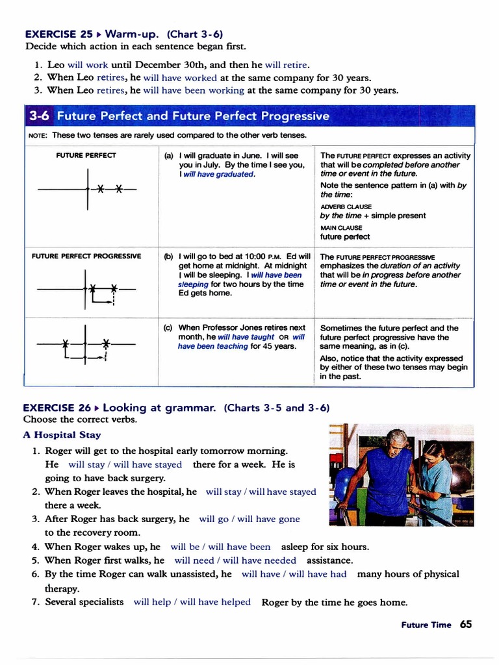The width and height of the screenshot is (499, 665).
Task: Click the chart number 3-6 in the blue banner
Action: point(40,116)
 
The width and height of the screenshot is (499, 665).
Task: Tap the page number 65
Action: point(466,624)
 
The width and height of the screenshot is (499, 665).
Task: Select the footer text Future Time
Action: point(426,625)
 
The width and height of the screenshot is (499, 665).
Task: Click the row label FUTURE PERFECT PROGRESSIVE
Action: point(86,256)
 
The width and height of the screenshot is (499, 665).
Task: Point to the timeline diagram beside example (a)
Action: point(87,189)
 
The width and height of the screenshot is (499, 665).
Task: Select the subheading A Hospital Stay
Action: point(62,435)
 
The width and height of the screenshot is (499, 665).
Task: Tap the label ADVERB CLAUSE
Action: point(346,207)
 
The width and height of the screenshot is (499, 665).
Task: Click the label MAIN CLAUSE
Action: point(341,228)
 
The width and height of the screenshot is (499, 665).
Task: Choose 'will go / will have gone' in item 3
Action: point(249,519)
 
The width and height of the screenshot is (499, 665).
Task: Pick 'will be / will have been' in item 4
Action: point(220,547)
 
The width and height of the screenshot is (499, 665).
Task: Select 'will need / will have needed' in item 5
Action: point(235,560)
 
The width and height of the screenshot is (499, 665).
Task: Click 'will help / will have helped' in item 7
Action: point(192,602)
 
